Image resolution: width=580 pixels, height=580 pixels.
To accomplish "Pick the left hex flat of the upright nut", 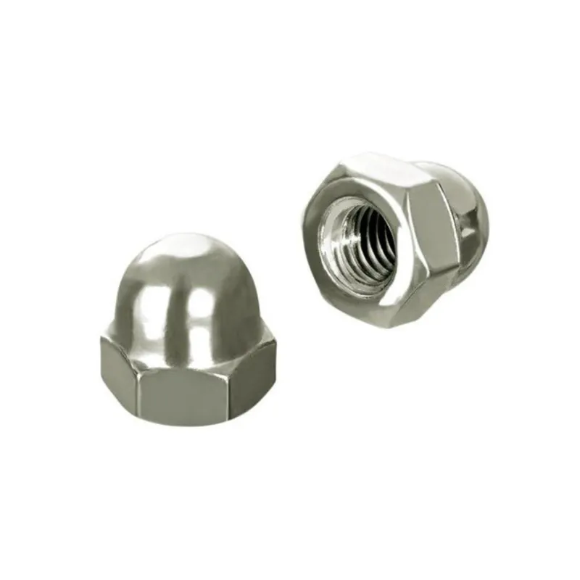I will coord(120,373).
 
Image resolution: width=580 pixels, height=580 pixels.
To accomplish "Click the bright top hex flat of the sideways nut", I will coord(377,170).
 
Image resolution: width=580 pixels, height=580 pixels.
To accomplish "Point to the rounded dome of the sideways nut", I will coord(464,210).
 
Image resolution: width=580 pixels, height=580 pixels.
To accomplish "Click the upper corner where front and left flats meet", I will coord(141,356).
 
